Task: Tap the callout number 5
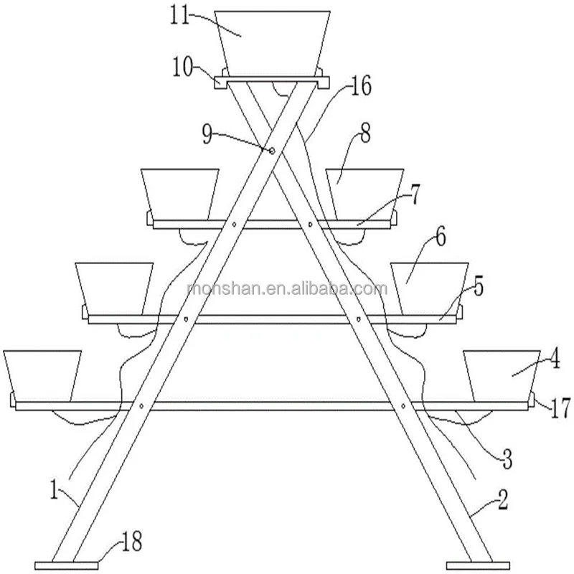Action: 477,286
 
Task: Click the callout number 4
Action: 554,359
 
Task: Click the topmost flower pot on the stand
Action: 273,39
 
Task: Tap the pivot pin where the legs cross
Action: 272,151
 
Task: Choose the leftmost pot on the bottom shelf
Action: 43,375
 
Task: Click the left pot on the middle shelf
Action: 115,287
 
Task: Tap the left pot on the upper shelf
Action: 179,192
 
